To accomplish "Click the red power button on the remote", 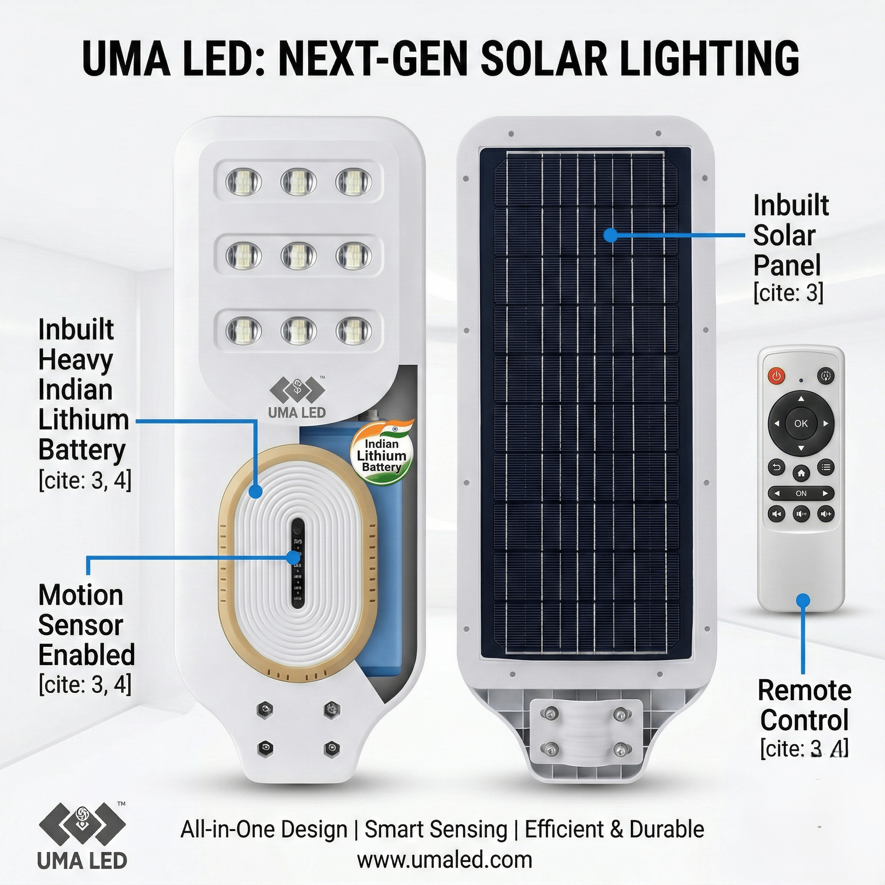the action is [776, 376].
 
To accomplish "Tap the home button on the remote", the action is [801, 473].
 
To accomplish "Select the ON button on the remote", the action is [801, 493].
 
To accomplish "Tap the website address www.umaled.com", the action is [444, 860].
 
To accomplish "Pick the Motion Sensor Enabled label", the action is [86, 625].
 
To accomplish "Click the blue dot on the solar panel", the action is [610, 235].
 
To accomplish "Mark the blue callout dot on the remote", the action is [802, 600].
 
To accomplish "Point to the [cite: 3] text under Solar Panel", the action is [788, 292].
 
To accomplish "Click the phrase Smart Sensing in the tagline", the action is [436, 829].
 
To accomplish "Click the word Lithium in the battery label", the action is [83, 420].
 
